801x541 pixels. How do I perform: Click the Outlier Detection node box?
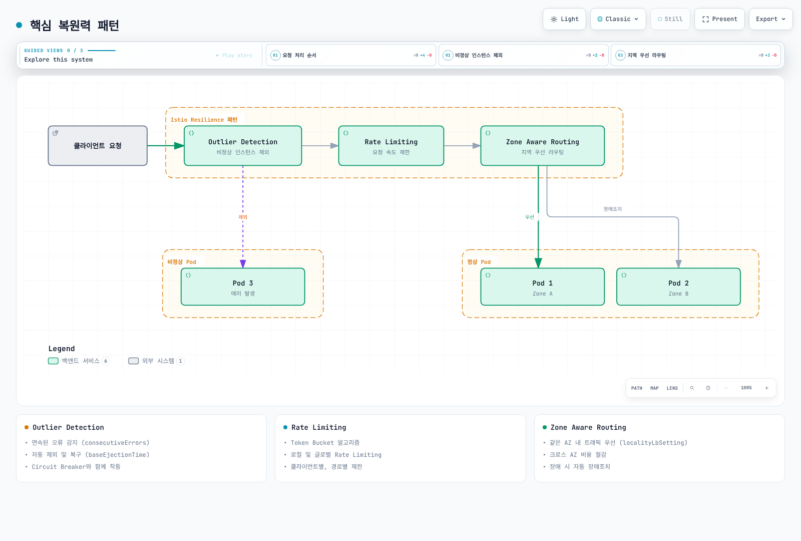point(243,146)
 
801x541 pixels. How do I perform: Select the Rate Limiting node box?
point(391,146)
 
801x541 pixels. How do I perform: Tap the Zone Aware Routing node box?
point(543,146)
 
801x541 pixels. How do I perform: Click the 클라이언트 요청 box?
point(98,146)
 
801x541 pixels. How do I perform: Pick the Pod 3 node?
point(243,287)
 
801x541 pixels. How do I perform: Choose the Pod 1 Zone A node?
point(543,287)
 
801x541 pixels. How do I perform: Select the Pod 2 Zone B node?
point(678,287)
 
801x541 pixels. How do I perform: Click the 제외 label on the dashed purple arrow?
point(243,217)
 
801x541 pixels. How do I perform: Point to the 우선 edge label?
point(530,217)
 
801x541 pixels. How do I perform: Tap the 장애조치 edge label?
point(613,209)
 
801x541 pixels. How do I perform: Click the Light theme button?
point(564,19)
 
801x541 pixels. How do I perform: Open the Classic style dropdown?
point(618,19)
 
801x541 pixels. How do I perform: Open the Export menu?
point(770,19)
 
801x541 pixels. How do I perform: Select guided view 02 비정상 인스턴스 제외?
point(524,55)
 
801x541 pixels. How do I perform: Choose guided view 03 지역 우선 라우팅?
point(696,55)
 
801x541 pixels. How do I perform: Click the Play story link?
point(234,56)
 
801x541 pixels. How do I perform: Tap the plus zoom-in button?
point(766,388)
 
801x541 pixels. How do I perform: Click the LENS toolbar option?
point(672,388)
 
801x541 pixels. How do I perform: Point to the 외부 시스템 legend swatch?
point(133,361)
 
